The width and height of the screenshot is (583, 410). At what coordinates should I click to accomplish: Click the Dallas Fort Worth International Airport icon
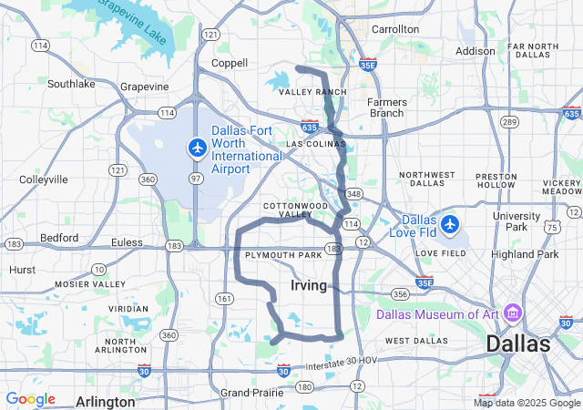[197, 147]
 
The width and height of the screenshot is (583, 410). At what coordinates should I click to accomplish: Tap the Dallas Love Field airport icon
[450, 223]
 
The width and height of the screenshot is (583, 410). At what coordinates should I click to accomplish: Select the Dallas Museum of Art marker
[512, 314]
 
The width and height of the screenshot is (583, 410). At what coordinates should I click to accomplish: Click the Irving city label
[309, 286]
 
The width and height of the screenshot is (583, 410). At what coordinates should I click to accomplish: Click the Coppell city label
[229, 63]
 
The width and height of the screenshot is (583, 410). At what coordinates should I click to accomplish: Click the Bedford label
[58, 238]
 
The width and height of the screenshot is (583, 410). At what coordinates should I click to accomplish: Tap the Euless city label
[127, 242]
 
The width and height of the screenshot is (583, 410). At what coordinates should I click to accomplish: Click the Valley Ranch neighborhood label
[312, 93]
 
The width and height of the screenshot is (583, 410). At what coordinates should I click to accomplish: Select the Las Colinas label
[312, 144]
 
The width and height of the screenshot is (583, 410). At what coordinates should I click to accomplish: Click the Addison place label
[475, 51]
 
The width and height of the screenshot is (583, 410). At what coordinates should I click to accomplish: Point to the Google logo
[30, 399]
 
